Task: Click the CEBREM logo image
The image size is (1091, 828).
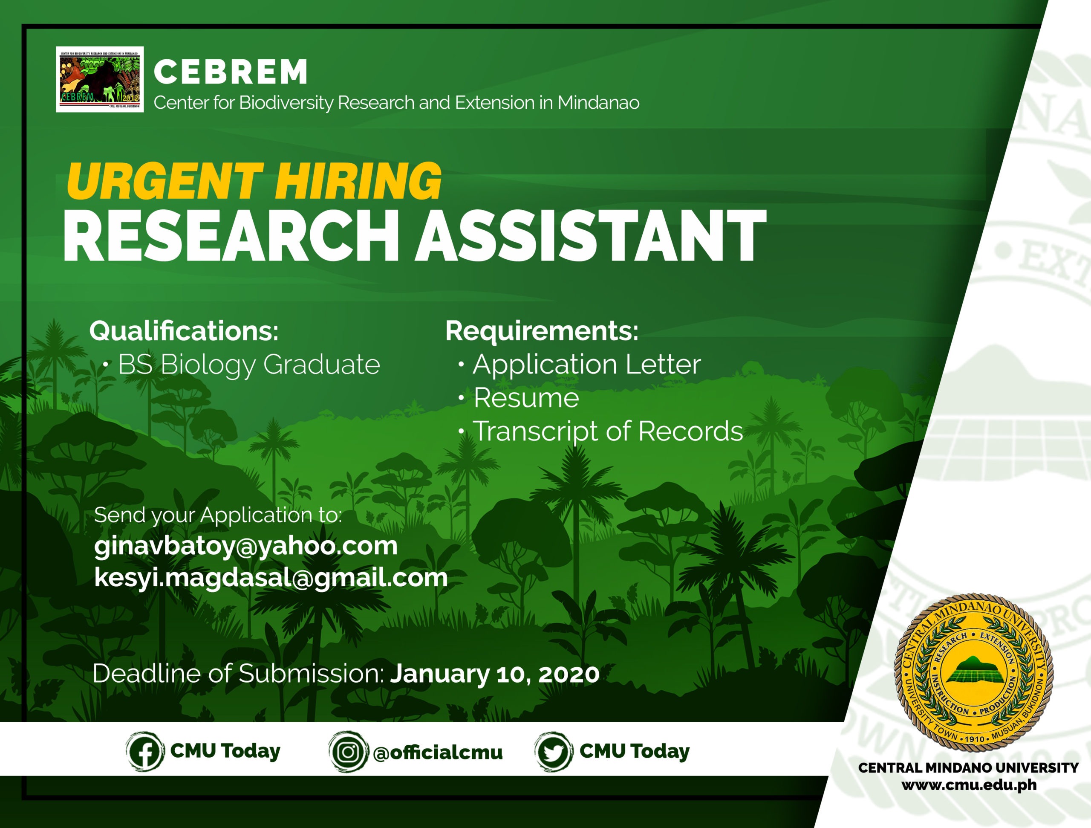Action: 100,79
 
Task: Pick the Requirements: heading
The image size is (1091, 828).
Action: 542,330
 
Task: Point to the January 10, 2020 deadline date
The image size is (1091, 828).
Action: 495,674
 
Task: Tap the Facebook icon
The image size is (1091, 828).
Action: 145,752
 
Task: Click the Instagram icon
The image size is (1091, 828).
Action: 348,752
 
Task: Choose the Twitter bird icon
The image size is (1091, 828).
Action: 554,752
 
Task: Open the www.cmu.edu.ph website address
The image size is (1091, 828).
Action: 969,785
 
